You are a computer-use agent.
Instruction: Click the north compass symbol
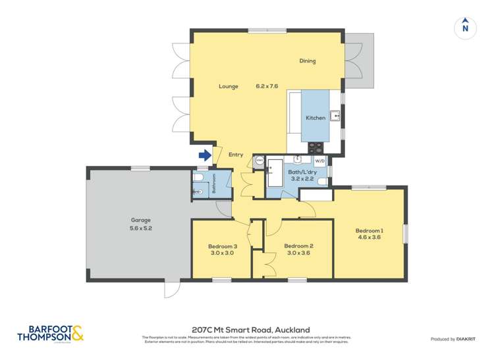(465, 27)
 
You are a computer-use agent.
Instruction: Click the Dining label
(308, 61)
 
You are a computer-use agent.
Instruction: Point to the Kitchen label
(315, 118)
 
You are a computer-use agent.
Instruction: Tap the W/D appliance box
(320, 161)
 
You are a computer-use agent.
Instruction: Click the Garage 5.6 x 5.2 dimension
(140, 228)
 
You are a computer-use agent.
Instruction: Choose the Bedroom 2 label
(298, 246)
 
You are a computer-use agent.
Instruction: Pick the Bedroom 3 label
(223, 246)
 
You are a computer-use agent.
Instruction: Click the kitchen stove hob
(316, 148)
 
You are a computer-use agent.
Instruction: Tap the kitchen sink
(336, 116)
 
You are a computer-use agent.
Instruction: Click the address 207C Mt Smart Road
(250, 330)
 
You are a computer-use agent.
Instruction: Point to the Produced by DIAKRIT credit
(452, 339)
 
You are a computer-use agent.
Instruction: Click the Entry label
(236, 155)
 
